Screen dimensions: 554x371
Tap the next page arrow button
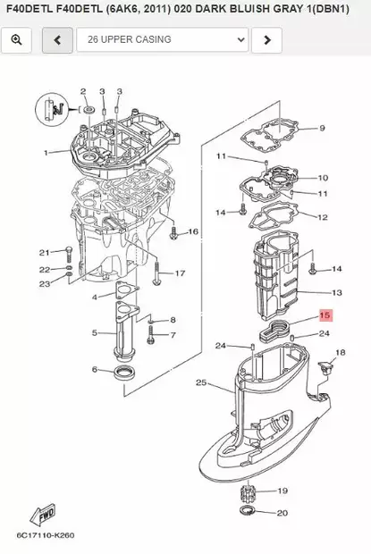coord(266,40)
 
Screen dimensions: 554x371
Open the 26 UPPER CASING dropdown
coord(163,40)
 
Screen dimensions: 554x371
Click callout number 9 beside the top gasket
coord(323,129)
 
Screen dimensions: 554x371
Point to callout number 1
coord(46,153)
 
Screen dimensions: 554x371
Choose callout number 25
coord(201,383)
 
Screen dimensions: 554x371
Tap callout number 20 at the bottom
coord(282,513)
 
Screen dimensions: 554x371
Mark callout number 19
coord(282,491)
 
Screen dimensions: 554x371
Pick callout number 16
coord(192,231)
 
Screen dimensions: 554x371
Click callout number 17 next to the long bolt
coord(180,273)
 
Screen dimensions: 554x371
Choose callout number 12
coord(323,217)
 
